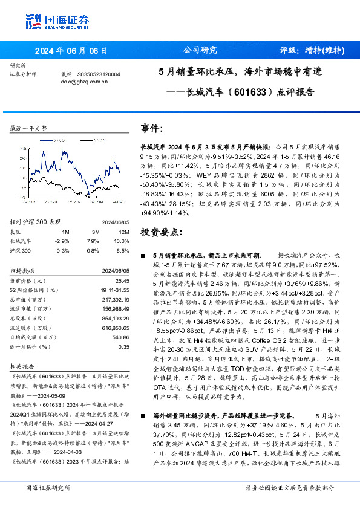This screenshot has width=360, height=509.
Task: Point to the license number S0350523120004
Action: click(100, 74)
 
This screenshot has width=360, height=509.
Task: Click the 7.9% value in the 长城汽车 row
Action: click(93, 241)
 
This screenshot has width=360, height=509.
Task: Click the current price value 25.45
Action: click(122, 280)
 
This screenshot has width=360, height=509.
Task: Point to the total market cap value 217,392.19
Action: click(116, 300)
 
